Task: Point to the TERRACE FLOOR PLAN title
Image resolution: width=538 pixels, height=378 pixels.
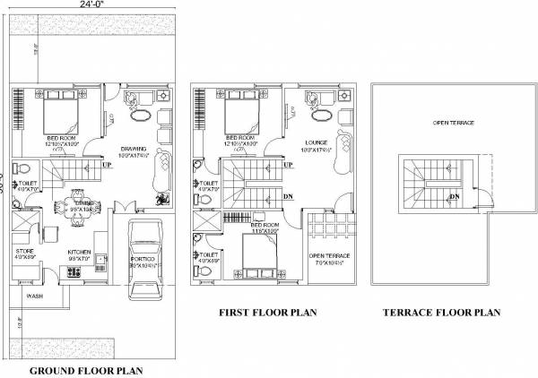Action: [x=440, y=314]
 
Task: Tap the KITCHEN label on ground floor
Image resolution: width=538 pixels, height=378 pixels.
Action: [x=79, y=252]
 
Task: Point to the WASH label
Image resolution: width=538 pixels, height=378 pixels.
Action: [x=35, y=295]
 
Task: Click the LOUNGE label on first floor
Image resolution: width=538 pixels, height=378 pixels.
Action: [x=315, y=142]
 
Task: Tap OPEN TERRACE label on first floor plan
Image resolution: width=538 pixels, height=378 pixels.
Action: [x=329, y=256]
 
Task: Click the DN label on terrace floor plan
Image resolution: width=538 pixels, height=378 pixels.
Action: [x=455, y=195]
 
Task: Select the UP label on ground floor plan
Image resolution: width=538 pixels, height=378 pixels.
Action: [x=107, y=165]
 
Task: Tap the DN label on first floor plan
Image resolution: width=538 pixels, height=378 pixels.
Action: [x=288, y=195]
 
